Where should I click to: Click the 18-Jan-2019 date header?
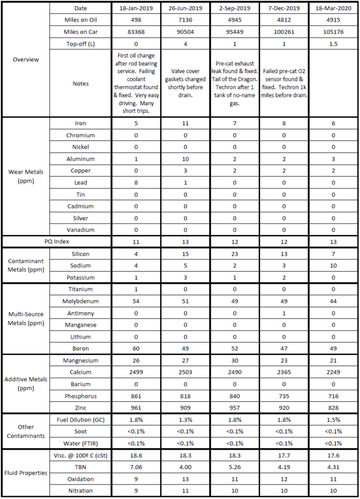coord(136,9)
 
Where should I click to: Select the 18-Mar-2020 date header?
coord(333,9)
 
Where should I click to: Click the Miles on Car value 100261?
coord(284,33)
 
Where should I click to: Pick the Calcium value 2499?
coord(136,372)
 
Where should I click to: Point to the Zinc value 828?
coord(333,408)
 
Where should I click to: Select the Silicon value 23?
coord(235,253)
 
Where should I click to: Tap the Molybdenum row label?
coord(84,301)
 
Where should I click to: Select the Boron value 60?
coord(136,348)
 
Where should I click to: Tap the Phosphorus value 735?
coord(284,396)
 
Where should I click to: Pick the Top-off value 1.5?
coord(333,44)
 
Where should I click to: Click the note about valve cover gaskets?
coord(185,83)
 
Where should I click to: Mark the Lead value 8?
coord(136,182)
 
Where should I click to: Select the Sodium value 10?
coord(333,265)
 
